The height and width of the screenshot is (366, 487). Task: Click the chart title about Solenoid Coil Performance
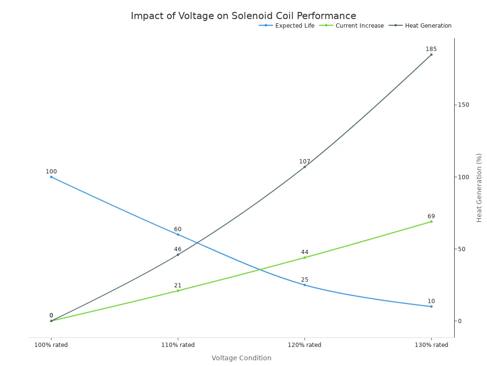[243, 16]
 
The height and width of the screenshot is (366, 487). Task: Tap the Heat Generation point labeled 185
[431, 54]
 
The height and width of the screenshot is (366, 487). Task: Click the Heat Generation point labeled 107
[305, 167]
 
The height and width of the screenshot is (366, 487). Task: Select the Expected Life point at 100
[51, 177]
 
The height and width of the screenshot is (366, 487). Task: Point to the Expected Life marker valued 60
[178, 234]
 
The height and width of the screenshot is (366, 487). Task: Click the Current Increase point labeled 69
[431, 222]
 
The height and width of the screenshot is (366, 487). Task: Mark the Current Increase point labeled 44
[305, 257]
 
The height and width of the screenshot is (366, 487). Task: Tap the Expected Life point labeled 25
[305, 285]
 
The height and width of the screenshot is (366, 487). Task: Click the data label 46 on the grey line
[178, 249]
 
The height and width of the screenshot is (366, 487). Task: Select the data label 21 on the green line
[178, 285]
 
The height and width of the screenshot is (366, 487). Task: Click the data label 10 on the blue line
[431, 301]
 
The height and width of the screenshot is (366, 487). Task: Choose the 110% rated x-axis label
[178, 345]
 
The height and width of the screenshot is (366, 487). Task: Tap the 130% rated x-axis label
[431, 345]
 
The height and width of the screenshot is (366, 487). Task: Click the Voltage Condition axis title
[242, 358]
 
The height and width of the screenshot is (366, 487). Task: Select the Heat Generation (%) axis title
[479, 188]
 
